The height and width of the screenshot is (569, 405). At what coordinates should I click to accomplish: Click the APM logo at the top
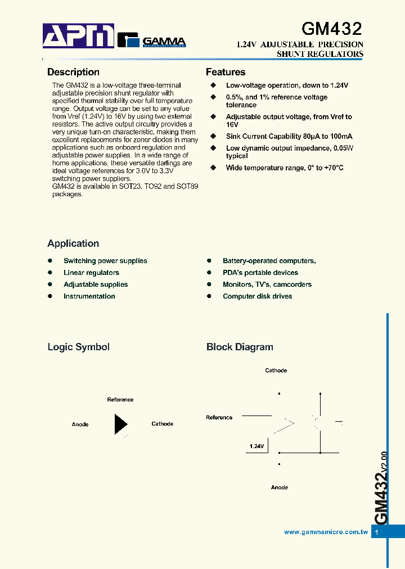tap(79, 37)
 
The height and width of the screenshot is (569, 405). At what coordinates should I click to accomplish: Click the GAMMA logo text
tap(164, 41)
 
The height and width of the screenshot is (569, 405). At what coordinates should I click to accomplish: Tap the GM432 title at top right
tap(331, 29)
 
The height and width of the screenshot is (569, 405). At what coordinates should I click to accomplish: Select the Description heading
tap(73, 72)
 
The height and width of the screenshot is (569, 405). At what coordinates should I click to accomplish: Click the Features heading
tap(226, 72)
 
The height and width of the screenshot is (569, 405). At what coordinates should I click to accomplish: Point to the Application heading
tap(73, 243)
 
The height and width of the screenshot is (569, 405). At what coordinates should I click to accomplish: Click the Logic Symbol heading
tap(78, 347)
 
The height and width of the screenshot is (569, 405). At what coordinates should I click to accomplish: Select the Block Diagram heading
tap(240, 347)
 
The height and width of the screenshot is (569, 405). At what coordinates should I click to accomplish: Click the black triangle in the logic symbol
tap(120, 424)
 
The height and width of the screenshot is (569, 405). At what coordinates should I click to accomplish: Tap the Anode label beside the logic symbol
tap(80, 424)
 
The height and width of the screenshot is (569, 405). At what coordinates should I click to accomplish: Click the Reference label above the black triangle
tap(120, 400)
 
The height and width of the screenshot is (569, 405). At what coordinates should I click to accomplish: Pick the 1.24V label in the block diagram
tap(256, 446)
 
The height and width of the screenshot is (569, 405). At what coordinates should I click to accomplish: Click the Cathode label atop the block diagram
tap(276, 371)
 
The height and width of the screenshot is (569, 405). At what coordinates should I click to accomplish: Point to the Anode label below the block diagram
tap(280, 487)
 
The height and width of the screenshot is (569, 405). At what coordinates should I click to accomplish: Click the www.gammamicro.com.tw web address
tap(326, 532)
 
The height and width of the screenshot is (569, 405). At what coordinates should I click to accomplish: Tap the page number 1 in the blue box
tap(377, 532)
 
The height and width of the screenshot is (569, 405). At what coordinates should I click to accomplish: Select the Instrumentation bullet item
tap(89, 296)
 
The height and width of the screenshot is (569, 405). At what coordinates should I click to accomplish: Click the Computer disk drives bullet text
tap(257, 296)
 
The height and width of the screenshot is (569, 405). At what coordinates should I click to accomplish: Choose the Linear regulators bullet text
tap(91, 273)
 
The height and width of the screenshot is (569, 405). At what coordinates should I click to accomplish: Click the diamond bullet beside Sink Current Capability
tap(213, 136)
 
